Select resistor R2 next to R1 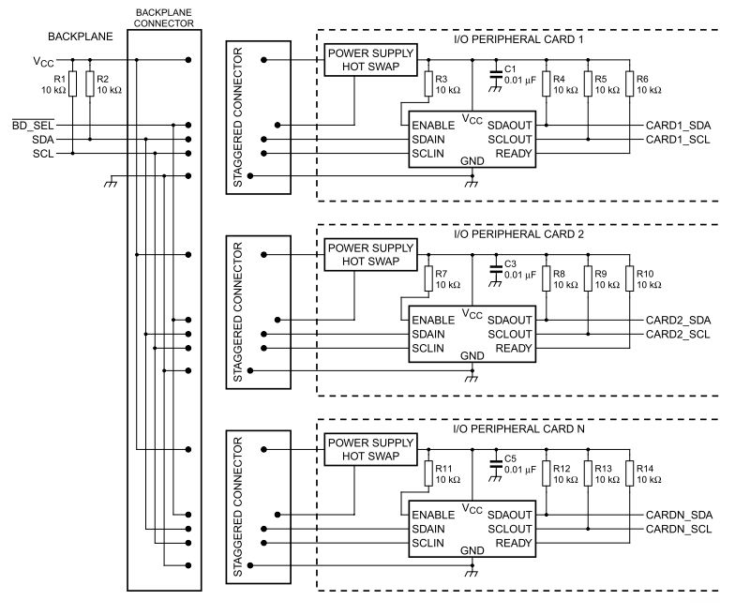click(90, 84)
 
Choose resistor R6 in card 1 click(629, 84)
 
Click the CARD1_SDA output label click(678, 125)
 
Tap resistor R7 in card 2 click(428, 278)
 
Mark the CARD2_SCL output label click(678, 335)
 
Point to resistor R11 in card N click(428, 473)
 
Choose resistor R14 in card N click(629, 473)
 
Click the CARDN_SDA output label click(678, 515)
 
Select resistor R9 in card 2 click(588, 278)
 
